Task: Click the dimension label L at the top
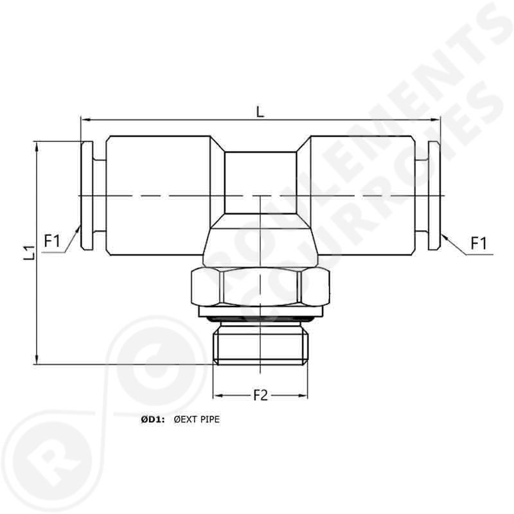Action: (x=260, y=111)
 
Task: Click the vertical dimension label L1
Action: (x=28, y=252)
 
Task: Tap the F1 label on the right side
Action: (x=479, y=243)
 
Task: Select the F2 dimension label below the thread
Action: (x=260, y=396)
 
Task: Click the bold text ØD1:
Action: (x=152, y=420)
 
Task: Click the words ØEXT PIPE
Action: (x=197, y=420)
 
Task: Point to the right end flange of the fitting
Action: (x=434, y=195)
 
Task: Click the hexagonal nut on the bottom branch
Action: (x=260, y=288)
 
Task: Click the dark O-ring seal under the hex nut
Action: (x=260, y=317)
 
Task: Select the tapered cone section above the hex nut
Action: (x=260, y=244)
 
